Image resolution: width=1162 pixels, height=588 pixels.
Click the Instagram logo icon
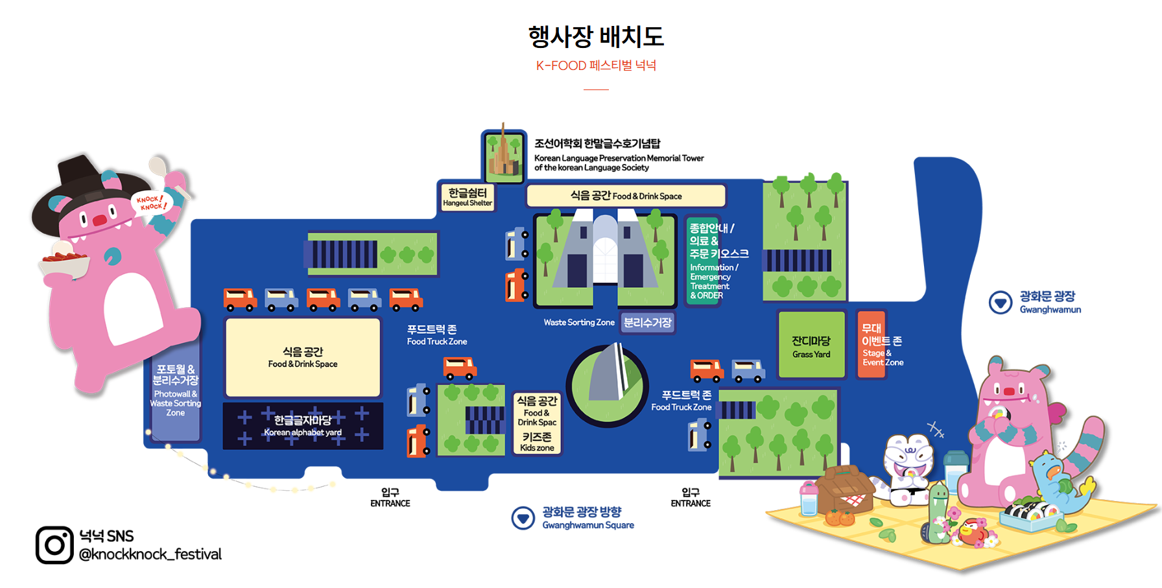[54, 545]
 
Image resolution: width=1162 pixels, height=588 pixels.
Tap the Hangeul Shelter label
[468, 196]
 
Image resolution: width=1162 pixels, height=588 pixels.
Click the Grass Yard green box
[811, 345]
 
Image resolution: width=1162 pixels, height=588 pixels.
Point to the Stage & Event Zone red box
[871, 345]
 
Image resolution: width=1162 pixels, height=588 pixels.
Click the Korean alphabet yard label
[303, 426]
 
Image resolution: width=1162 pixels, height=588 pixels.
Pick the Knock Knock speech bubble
[152, 203]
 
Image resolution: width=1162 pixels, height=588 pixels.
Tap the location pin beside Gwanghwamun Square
[523, 518]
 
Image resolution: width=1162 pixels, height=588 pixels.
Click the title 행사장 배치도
[596, 36]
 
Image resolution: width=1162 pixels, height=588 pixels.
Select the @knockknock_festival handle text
[150, 554]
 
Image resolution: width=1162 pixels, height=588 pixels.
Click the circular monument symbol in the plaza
[608, 385]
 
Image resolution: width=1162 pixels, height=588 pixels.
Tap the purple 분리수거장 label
[647, 322]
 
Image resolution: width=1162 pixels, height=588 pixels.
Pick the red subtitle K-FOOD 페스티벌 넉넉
[596, 65]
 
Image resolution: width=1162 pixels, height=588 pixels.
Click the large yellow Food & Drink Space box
[303, 357]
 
